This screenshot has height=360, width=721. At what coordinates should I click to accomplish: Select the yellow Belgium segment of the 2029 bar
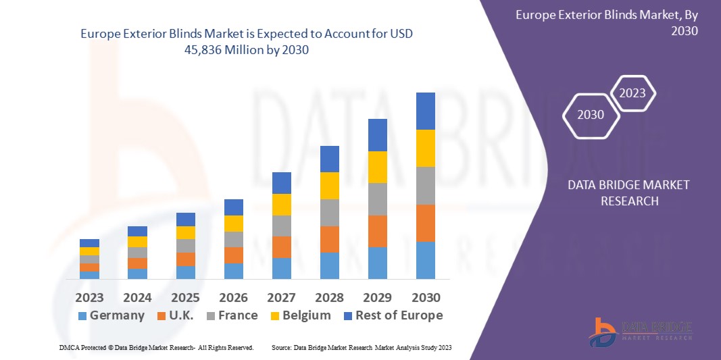coord(377,167)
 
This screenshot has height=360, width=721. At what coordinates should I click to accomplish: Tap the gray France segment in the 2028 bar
coord(329,212)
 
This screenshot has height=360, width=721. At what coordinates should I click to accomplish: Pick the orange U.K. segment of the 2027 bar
coord(281,247)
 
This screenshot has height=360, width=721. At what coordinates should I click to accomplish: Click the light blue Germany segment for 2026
coord(233,271)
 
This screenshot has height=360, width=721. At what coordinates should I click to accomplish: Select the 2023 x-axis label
coord(89,298)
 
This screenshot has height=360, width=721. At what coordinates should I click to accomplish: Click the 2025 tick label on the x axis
coord(185,298)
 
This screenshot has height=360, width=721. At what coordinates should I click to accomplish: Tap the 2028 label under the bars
coord(329,298)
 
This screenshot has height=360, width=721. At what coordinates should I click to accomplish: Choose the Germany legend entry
coord(111,315)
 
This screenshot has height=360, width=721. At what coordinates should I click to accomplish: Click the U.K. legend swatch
coord(161,315)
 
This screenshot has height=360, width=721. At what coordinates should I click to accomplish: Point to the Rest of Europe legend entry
coord(392,315)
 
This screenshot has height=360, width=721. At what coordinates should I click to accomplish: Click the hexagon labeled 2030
coord(591,115)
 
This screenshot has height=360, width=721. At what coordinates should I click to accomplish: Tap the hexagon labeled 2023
coord(632,93)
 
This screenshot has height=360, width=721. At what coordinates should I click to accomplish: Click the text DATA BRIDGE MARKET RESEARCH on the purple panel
coord(628,192)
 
